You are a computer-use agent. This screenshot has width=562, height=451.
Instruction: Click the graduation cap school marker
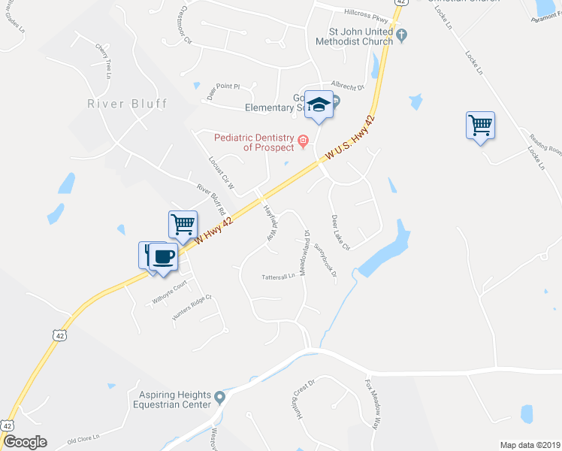coord(319,104)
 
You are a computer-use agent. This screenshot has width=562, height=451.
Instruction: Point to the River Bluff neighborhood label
coord(127,104)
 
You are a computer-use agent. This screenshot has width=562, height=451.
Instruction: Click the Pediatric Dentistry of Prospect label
coord(254,142)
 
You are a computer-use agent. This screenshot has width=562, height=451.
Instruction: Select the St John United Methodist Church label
coord(361,37)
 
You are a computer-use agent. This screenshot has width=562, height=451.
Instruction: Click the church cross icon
coord(402,34)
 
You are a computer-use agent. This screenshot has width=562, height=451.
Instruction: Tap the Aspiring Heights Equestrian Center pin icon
coord(219,397)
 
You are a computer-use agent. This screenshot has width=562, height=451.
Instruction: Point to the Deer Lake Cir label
coord(341,232)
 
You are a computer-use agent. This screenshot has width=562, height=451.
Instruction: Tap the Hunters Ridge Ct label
coord(192,307)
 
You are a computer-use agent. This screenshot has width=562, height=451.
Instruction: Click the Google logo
coord(24,442)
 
